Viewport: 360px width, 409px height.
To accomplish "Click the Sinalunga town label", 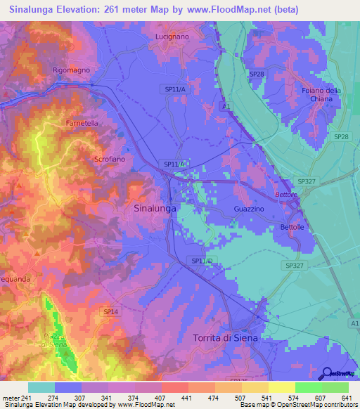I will pos(154,208).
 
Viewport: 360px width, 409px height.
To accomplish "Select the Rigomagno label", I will pos(72,70).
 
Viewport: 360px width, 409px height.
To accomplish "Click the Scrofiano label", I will pos(109,160).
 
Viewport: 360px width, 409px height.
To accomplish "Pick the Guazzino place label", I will pos(249,209).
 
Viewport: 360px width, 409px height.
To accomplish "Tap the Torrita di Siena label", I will pos(225,338).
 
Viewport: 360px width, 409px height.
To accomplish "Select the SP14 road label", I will pos(111,311).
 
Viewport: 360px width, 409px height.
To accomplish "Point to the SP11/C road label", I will pos(202,261).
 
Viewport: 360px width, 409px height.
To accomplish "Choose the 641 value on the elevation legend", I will pos(347,397).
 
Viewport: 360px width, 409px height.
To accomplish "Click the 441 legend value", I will pos(188,397).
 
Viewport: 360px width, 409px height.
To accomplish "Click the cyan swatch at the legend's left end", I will pos(41,387).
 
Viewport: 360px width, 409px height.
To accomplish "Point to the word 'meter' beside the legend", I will pos(10,397).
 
